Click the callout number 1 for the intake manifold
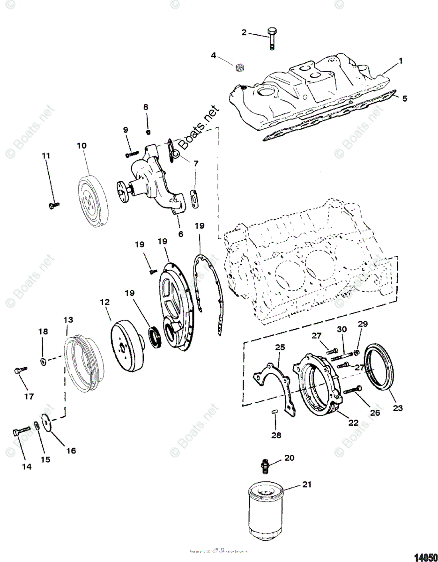(401, 61)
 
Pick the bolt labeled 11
(54, 205)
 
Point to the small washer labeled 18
(43, 360)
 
